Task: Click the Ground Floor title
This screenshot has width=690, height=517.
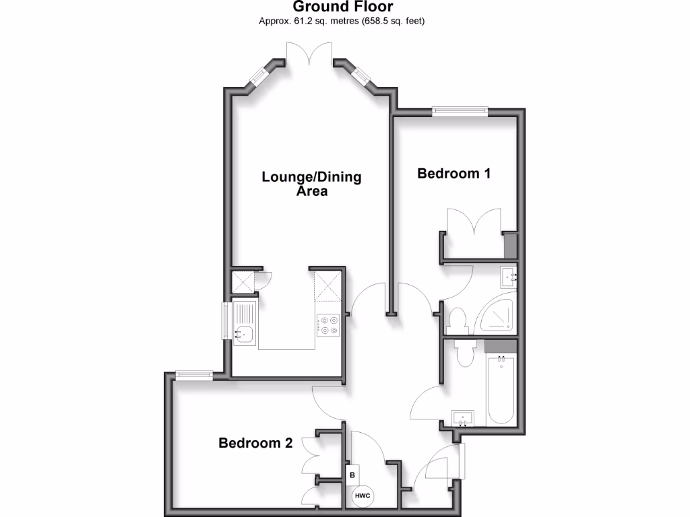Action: click(x=343, y=7)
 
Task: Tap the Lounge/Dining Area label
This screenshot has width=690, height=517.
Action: click(x=311, y=184)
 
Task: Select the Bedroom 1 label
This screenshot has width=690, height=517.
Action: click(x=453, y=174)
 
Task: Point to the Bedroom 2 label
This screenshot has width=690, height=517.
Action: click(x=255, y=443)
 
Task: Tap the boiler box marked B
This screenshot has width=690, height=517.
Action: click(x=352, y=474)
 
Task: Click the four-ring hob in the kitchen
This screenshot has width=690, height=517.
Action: click(x=328, y=325)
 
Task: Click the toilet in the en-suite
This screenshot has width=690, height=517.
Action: click(x=458, y=318)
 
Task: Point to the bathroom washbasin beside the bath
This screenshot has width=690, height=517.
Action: click(x=463, y=417)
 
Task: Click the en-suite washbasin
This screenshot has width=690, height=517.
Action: click(x=509, y=275)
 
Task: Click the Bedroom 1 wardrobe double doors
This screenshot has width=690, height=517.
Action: click(x=474, y=222)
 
